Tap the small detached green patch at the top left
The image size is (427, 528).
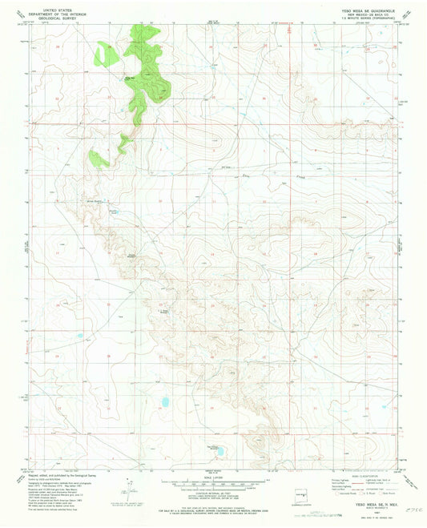click(x=103, y=55)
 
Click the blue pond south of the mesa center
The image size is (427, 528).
click(x=164, y=401)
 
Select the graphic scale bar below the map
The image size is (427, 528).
click(x=212, y=484)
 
